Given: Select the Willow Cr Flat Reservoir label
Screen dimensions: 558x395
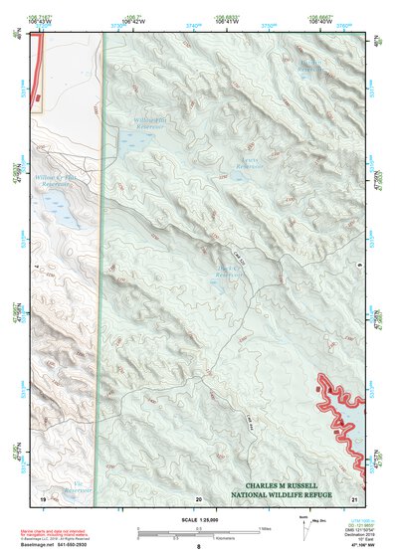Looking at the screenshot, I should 57,182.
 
